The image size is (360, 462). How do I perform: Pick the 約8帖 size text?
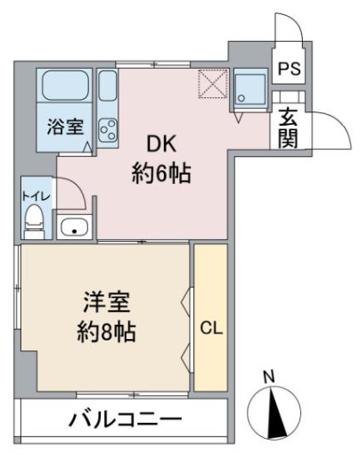[104, 334]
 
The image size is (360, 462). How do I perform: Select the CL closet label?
[210, 326]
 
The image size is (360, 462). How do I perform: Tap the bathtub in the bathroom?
[66, 87]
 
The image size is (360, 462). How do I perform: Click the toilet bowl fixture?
[34, 219]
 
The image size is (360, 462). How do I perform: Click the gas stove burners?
[109, 130]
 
